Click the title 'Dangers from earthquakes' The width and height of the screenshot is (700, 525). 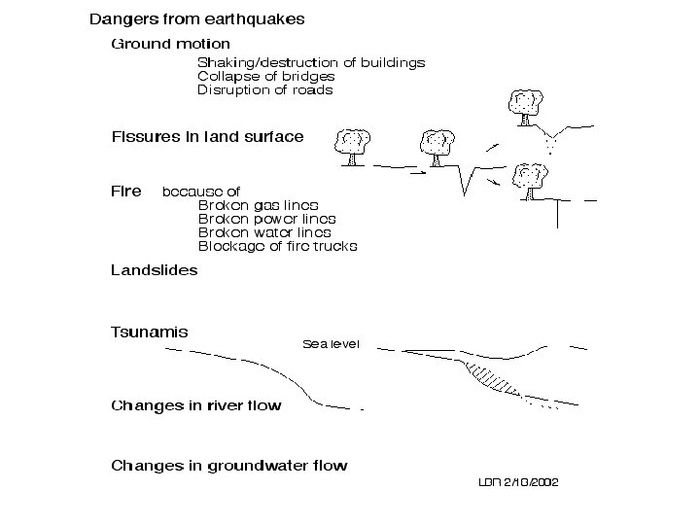coord(197,19)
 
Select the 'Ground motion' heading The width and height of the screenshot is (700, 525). coord(171,44)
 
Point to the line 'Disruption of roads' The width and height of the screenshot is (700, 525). coord(264,90)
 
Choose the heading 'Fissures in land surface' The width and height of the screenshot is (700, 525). coord(208,137)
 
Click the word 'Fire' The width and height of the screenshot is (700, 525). coord(126,192)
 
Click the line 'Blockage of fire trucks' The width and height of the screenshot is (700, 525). coord(277,246)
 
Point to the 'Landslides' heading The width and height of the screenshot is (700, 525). coord(155,270)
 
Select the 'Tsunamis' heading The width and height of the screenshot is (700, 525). coord(150,332)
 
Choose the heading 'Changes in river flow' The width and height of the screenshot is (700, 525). coord(196,405)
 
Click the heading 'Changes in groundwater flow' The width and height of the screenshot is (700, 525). coord(228,466)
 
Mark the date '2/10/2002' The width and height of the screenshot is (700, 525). coord(532,482)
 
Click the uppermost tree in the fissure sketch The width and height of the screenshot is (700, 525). coord(525,103)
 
